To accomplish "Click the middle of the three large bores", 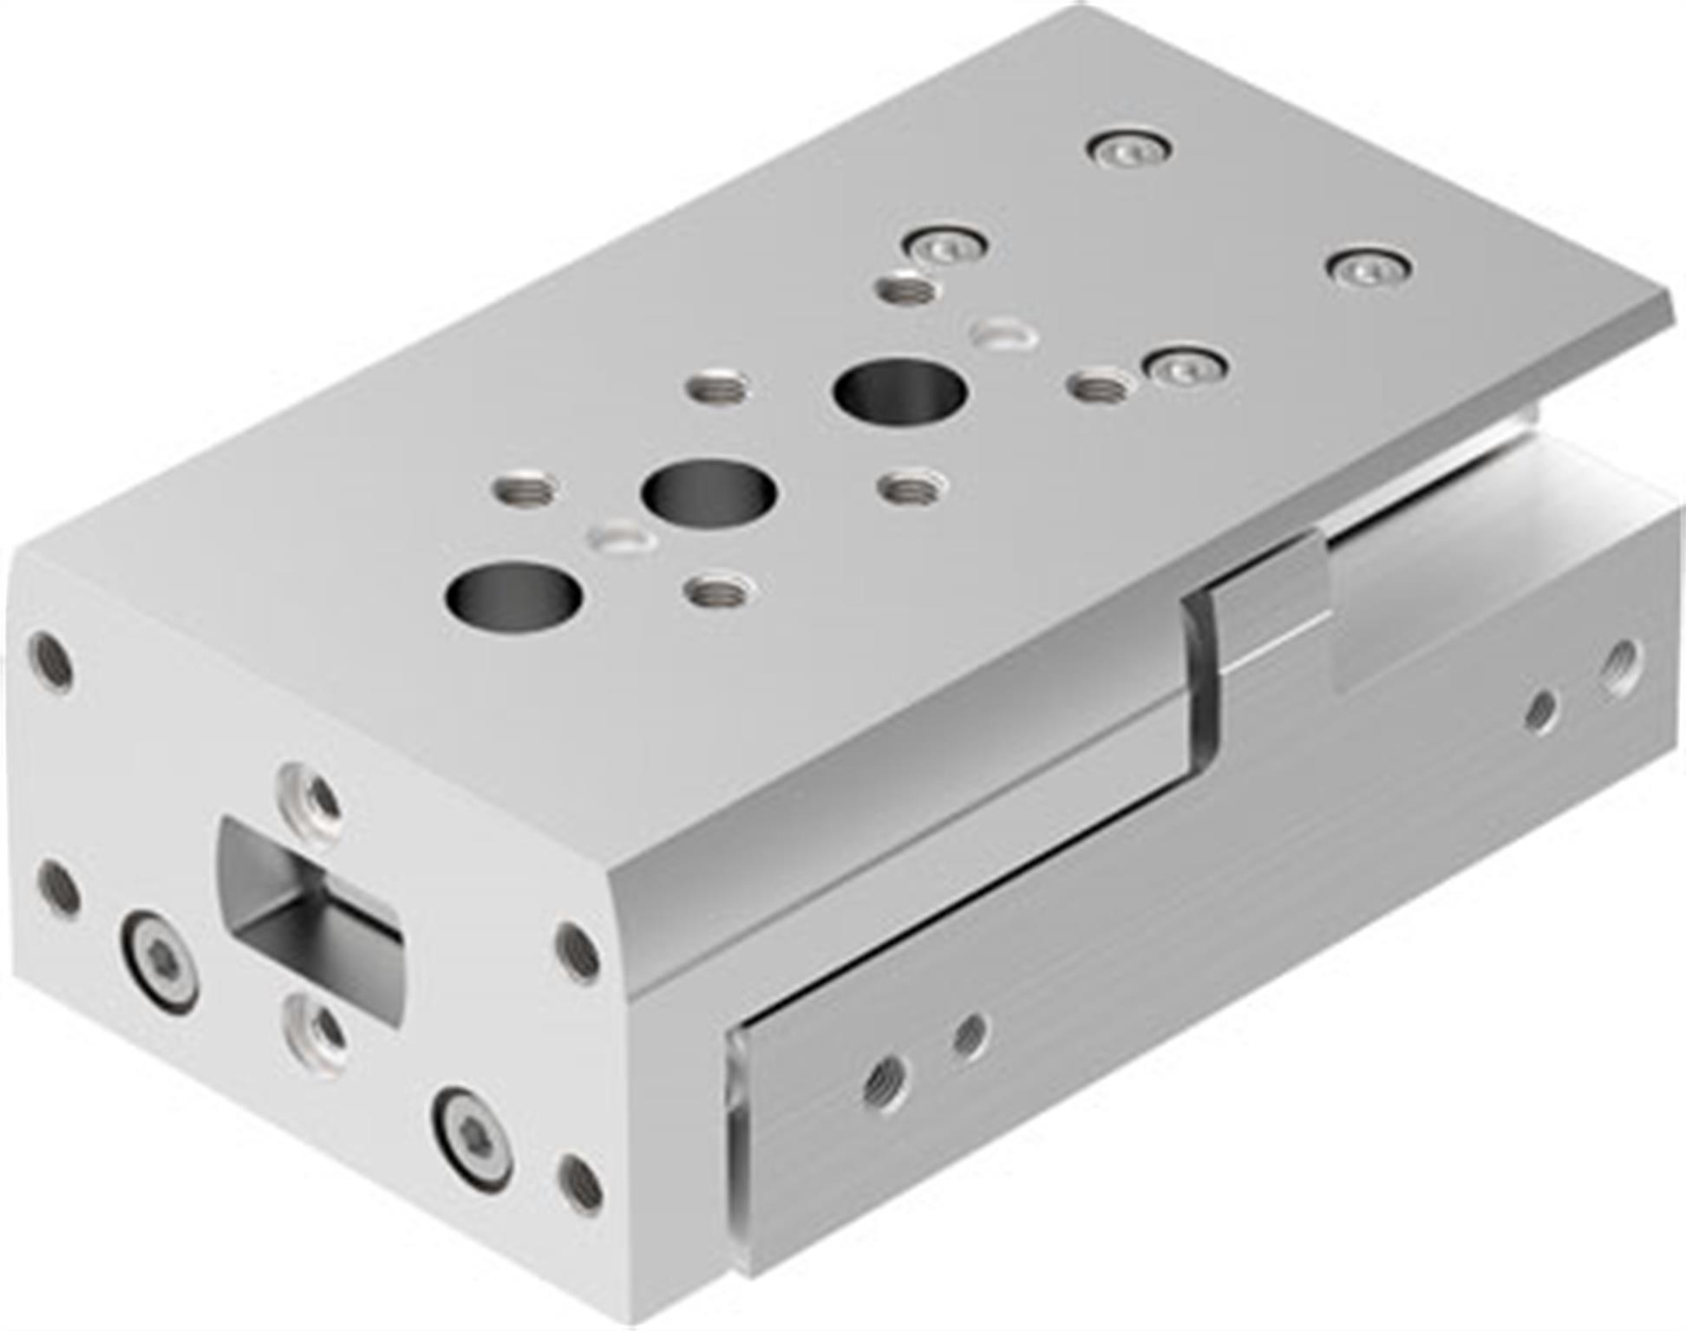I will [x=709, y=495].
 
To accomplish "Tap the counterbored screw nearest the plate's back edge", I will [x=1128, y=150].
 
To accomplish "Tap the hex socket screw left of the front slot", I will [x=161, y=961].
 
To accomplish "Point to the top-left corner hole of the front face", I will [x=50, y=661].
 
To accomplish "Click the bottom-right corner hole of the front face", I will [x=579, y=1184].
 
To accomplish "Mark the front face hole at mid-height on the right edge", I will [x=578, y=951].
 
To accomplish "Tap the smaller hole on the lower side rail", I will [x=968, y=1034].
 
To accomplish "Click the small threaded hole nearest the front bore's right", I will [x=718, y=593].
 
